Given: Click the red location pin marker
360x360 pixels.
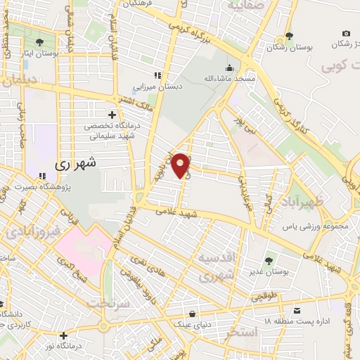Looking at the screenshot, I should pyautogui.click(x=181, y=165).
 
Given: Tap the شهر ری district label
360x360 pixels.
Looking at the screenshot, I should pyautogui.click(x=77, y=163).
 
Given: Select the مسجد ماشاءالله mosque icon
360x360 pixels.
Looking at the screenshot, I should pyautogui.click(x=229, y=68).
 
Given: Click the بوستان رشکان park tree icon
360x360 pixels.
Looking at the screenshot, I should pyautogui.click(x=289, y=37).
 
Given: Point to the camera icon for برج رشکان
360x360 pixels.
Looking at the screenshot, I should pyautogui.click(x=346, y=33).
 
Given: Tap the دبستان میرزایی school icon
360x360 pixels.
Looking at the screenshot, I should pyautogui.click(x=158, y=75).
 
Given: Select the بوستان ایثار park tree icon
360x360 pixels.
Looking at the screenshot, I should pyautogui.click(x=39, y=42).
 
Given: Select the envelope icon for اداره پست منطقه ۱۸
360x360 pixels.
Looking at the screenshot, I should pyautogui.click(x=297, y=311).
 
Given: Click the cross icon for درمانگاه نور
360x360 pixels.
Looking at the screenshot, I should pyautogui.click(x=64, y=335).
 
